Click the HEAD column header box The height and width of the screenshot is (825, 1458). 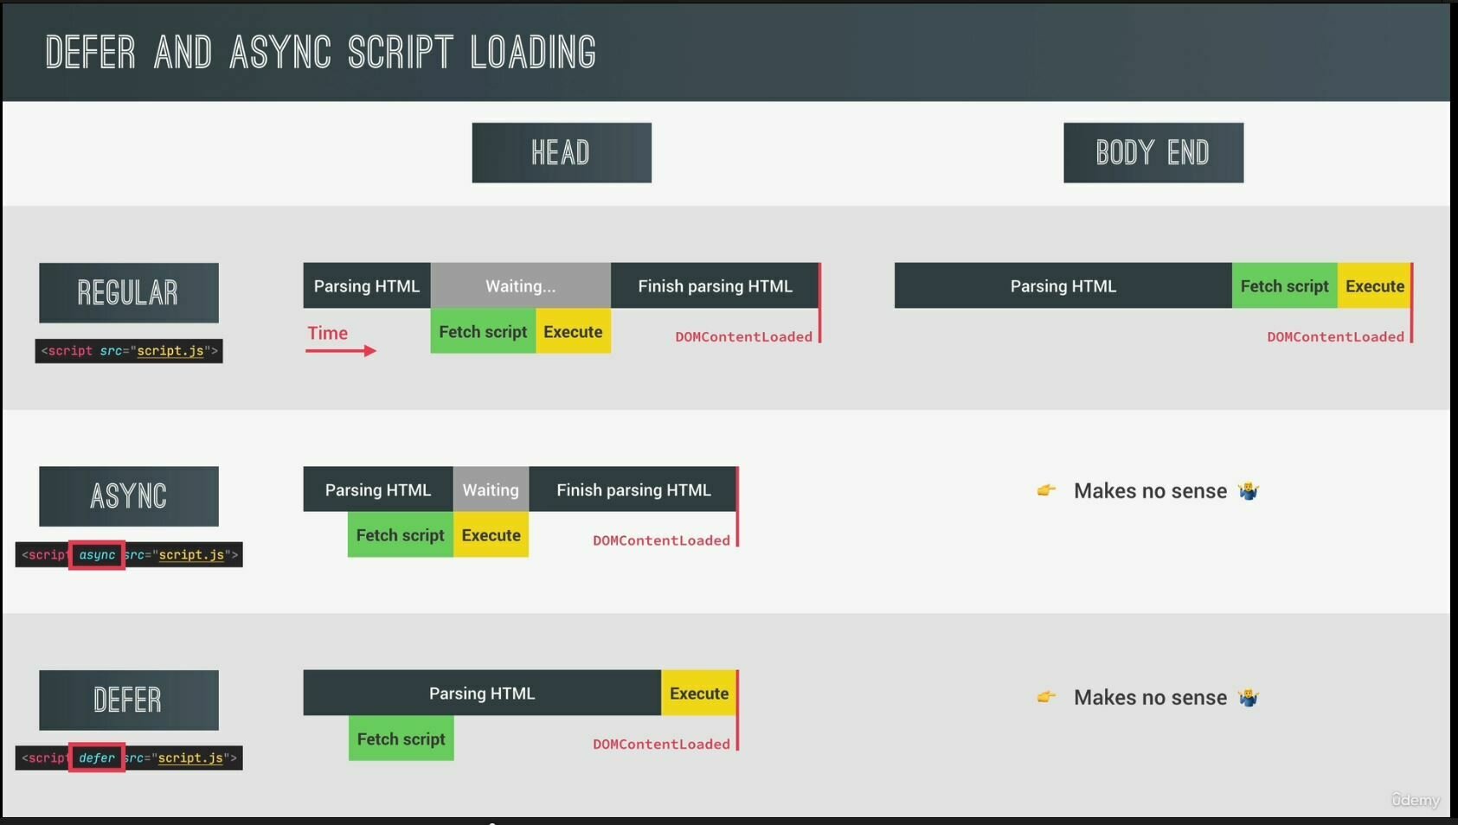[562, 153]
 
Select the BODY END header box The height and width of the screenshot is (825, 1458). [1153, 153]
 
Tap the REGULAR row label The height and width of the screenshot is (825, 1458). [129, 293]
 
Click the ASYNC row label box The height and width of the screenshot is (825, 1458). [129, 496]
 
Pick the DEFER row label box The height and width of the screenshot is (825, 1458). [129, 700]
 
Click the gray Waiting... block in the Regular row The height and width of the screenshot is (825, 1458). [520, 286]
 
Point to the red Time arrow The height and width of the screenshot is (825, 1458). [341, 350]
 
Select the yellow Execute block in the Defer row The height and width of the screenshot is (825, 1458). [699, 694]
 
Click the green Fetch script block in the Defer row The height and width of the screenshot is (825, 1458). [401, 739]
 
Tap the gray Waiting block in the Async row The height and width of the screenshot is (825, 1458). [491, 490]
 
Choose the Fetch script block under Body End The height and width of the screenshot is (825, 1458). [1284, 286]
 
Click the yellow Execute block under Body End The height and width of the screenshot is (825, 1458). [1374, 286]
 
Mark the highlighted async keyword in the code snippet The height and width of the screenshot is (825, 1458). [97, 555]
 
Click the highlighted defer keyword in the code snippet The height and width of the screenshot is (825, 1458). [97, 758]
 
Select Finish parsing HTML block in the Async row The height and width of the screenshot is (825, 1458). [633, 490]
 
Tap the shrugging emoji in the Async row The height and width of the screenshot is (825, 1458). [1248, 491]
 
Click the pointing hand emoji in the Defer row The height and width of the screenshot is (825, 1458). [1046, 697]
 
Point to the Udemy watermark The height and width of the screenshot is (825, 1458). [1415, 800]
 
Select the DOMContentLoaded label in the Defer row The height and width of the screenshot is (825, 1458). [661, 745]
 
